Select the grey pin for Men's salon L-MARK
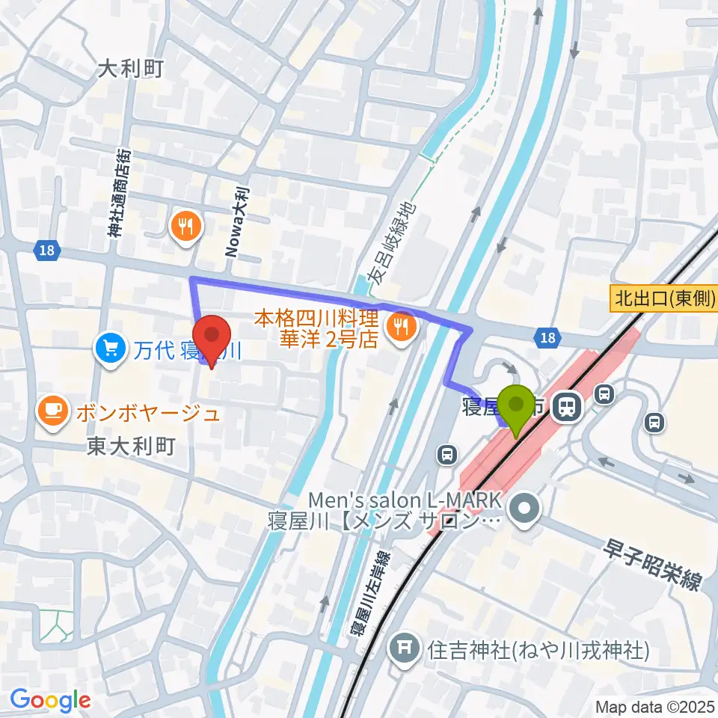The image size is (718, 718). click(x=524, y=510)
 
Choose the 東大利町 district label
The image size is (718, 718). click(x=131, y=447)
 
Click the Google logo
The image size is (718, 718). click(x=50, y=700)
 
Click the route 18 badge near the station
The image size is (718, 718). click(x=547, y=339)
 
